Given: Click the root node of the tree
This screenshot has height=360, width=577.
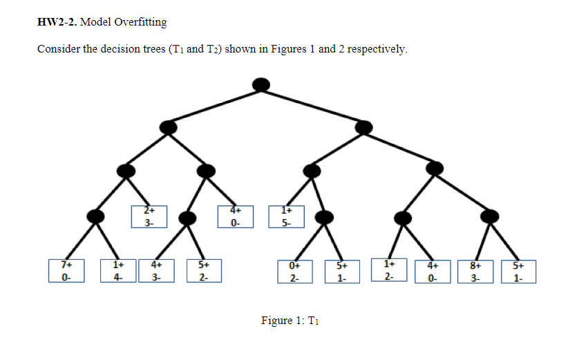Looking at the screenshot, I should click(261, 84).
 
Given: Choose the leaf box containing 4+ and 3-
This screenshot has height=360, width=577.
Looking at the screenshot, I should click(157, 271).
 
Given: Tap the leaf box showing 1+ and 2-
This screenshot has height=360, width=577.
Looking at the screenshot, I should click(390, 270).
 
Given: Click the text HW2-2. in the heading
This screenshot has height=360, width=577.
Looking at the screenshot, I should click(57, 22).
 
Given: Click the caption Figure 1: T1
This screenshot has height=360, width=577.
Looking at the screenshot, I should click(288, 321).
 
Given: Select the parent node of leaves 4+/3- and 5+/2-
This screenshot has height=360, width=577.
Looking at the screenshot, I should click(187, 218).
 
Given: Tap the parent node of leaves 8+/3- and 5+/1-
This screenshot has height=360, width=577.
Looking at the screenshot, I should click(489, 217).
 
